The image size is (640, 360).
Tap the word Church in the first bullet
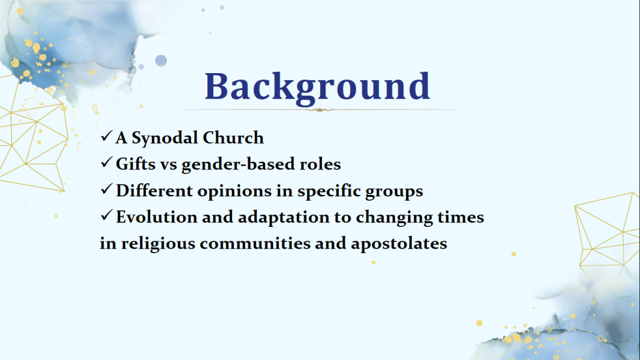click(x=233, y=137)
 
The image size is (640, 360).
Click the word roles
click(x=321, y=164)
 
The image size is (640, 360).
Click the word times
click(x=461, y=217)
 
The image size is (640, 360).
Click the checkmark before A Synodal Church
click(x=106, y=136)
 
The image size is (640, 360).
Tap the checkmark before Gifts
click(x=106, y=162)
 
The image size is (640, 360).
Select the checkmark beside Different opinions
click(x=106, y=189)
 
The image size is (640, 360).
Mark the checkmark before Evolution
click(x=106, y=215)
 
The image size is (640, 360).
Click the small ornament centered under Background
click(x=319, y=110)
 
